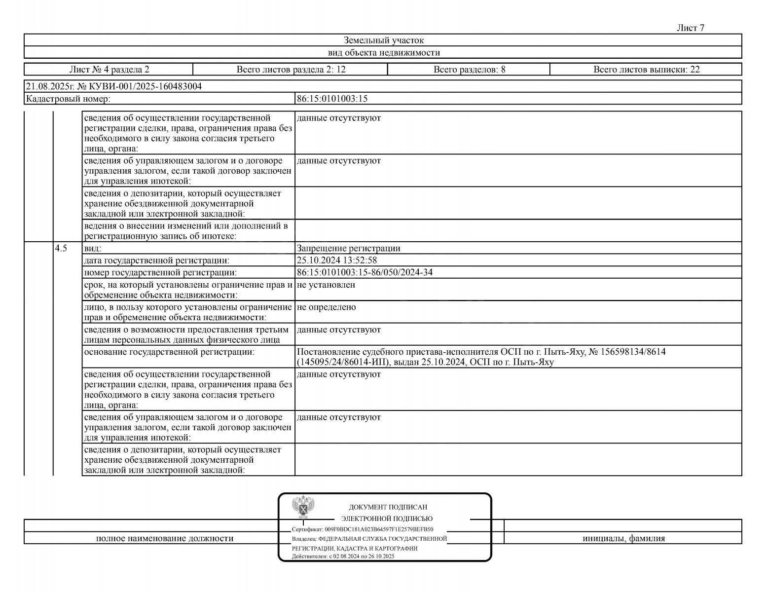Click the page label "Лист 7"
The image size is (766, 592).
[x=691, y=28]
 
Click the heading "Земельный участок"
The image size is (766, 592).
[x=383, y=40]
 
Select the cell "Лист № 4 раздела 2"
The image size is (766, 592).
[x=109, y=70]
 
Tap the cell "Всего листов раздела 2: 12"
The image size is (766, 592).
[x=291, y=70]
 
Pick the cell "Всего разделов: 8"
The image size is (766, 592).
[x=469, y=70]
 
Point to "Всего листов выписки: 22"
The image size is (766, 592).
[x=646, y=70]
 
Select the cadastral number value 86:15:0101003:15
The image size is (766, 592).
[x=332, y=99]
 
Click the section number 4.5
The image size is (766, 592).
[x=61, y=248]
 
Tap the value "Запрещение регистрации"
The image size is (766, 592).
[x=348, y=248]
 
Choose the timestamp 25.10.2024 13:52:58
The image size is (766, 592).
[x=337, y=260]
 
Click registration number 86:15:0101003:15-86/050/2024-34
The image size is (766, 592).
[x=365, y=272]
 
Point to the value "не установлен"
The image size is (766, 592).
[x=326, y=285]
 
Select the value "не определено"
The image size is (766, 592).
[x=326, y=307]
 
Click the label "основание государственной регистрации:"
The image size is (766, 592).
[x=169, y=352]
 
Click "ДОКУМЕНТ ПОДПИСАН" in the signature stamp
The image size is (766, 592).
[x=388, y=507]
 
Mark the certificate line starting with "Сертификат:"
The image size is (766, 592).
[x=363, y=529]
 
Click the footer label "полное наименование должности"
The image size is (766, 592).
[x=164, y=538]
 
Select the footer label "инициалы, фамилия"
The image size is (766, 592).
[x=623, y=538]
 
